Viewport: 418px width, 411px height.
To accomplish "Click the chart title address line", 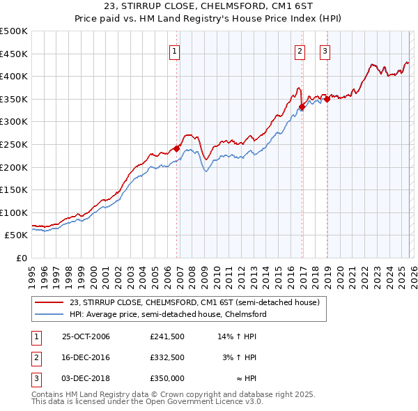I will tap(209, 7).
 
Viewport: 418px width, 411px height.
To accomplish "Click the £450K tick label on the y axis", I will tap(14, 54).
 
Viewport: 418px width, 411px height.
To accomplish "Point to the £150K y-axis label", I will tap(14, 189).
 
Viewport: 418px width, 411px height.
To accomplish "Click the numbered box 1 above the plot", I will tap(174, 50).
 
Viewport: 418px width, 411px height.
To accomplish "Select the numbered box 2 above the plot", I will tap(300, 50).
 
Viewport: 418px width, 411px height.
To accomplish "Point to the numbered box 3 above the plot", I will tap(325, 50).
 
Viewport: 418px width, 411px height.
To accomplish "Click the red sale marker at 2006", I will tap(177, 148).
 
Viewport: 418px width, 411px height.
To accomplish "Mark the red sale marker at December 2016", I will tap(302, 107).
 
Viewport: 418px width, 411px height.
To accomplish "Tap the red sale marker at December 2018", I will tap(327, 99).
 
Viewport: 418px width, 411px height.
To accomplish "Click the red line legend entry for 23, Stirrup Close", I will tap(194, 302).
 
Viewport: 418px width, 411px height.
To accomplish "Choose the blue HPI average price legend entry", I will tap(168, 314).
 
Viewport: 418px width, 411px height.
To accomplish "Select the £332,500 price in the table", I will tap(167, 357).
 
